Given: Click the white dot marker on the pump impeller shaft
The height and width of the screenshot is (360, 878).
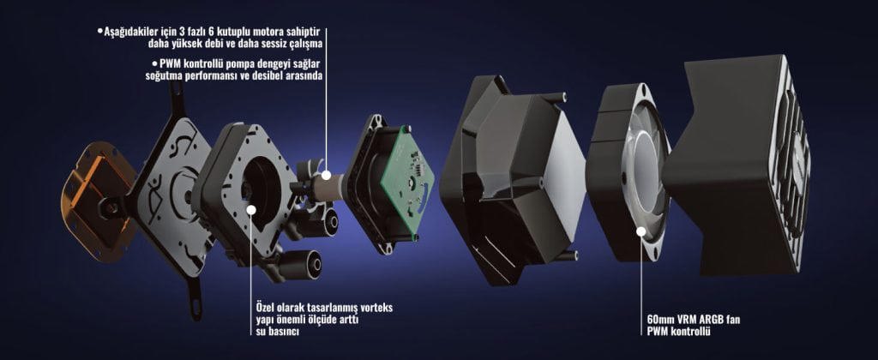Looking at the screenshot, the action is tap(325, 177).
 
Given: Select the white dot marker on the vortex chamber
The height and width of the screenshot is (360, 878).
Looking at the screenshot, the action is tap(251, 209).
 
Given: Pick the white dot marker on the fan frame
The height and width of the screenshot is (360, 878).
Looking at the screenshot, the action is tap(640, 230).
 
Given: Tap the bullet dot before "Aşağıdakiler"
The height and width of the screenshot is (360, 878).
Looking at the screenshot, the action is tap(99, 32).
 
